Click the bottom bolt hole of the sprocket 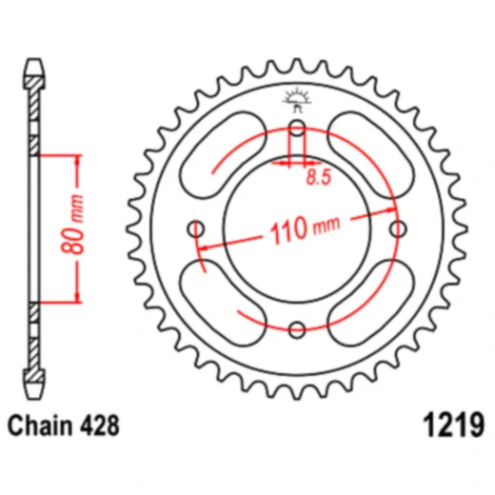(x=297, y=329)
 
